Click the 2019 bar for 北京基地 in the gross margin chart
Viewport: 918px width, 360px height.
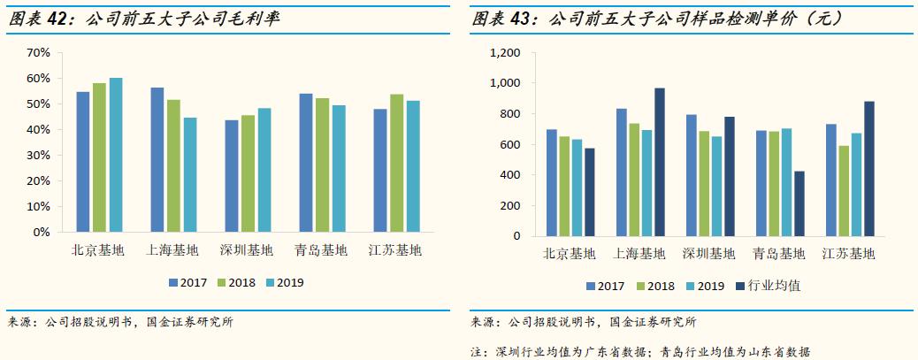pyautogui.click(x=116, y=155)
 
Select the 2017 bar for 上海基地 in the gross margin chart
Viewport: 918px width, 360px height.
pyautogui.click(x=157, y=160)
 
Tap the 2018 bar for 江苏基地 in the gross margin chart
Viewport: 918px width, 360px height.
pyautogui.click(x=396, y=164)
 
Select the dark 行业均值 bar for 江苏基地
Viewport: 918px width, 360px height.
pyautogui.click(x=869, y=169)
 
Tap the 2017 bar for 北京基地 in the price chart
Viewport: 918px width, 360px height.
pyautogui.click(x=551, y=183)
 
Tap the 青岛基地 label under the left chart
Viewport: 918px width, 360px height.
pyautogui.click(x=322, y=250)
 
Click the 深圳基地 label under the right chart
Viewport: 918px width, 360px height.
pyautogui.click(x=708, y=255)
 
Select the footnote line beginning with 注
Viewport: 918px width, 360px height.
pyautogui.click(x=640, y=350)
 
